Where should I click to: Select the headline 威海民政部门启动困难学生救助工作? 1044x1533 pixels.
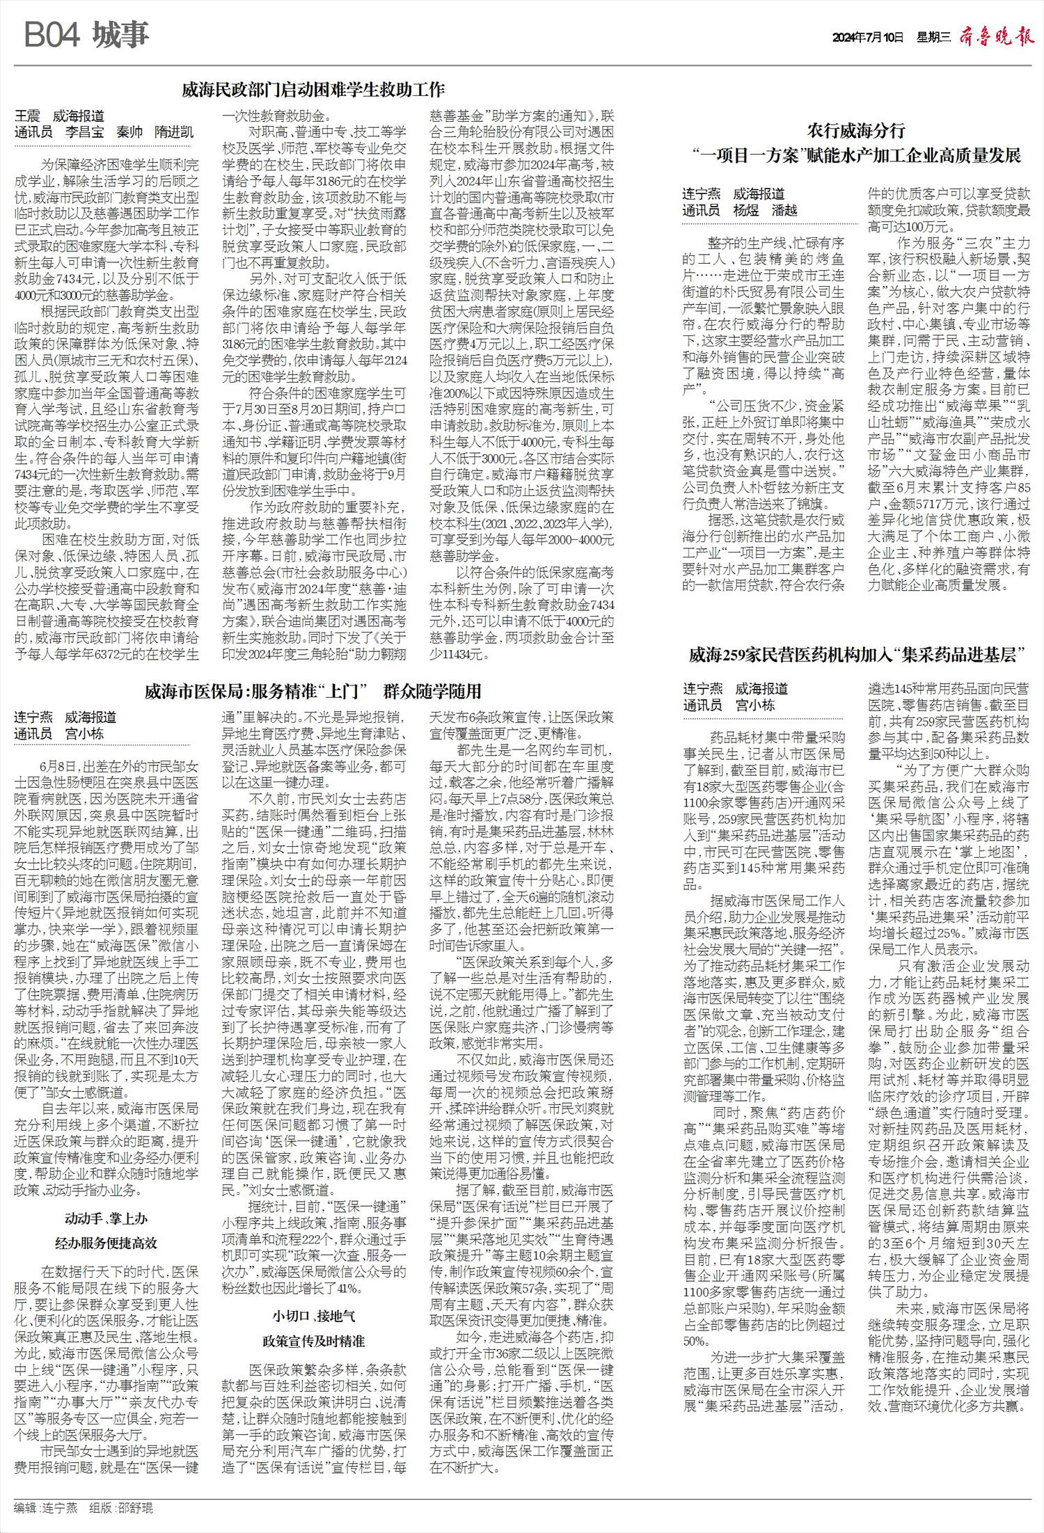(313, 90)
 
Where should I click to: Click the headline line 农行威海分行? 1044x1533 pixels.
(856, 130)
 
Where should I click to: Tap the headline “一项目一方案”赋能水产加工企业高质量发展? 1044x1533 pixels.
(856, 155)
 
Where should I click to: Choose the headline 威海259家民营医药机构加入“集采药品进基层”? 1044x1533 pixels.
(856, 655)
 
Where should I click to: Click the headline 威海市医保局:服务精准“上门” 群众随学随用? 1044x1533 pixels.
(313, 691)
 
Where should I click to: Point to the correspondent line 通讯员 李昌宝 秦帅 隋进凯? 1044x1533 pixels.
(104, 132)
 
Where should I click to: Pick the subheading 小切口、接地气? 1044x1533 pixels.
(313, 1316)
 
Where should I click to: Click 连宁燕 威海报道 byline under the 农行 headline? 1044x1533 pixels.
(734, 193)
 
